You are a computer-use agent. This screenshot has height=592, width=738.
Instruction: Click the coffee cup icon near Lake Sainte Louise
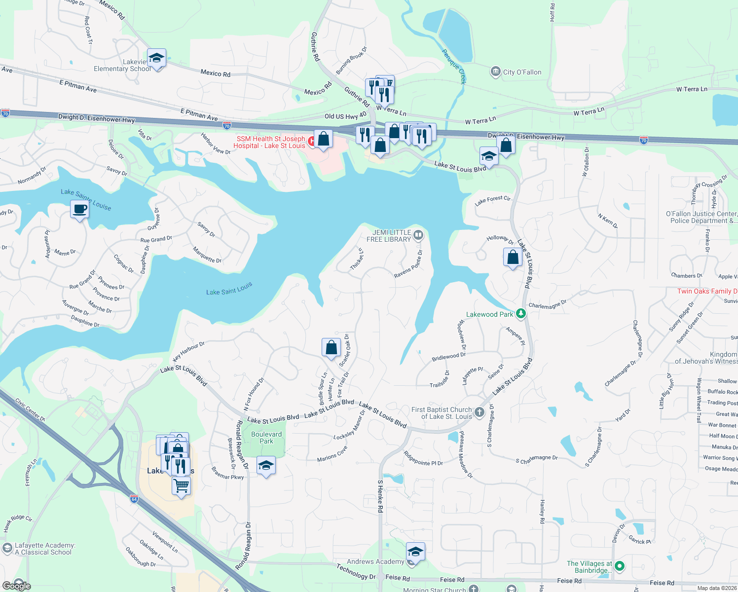[79, 210]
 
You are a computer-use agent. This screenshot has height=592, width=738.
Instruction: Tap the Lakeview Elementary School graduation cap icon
[156, 59]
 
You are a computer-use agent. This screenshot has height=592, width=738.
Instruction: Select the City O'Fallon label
[522, 72]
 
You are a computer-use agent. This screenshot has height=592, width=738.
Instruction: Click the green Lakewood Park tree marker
[520, 314]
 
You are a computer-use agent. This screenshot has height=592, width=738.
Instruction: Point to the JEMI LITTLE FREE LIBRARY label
[389, 236]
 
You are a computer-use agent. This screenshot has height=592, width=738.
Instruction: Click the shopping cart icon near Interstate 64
[181, 486]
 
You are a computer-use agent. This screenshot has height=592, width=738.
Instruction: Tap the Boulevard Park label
[266, 438]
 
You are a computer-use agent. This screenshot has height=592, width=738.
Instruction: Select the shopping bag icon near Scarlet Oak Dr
[331, 347]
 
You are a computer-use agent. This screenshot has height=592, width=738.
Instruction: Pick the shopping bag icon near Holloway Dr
[513, 257]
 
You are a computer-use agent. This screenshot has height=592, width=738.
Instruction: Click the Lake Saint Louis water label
[229, 289]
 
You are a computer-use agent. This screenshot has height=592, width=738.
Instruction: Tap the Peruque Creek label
[454, 66]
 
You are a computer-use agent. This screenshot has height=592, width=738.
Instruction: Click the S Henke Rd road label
[380, 496]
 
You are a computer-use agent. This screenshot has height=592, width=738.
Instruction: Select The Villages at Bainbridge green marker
[620, 566]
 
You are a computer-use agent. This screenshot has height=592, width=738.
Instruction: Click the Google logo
[17, 586]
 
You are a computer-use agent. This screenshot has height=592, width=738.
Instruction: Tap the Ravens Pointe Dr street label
[408, 264]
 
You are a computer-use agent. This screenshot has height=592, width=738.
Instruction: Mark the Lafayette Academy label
[45, 549]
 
